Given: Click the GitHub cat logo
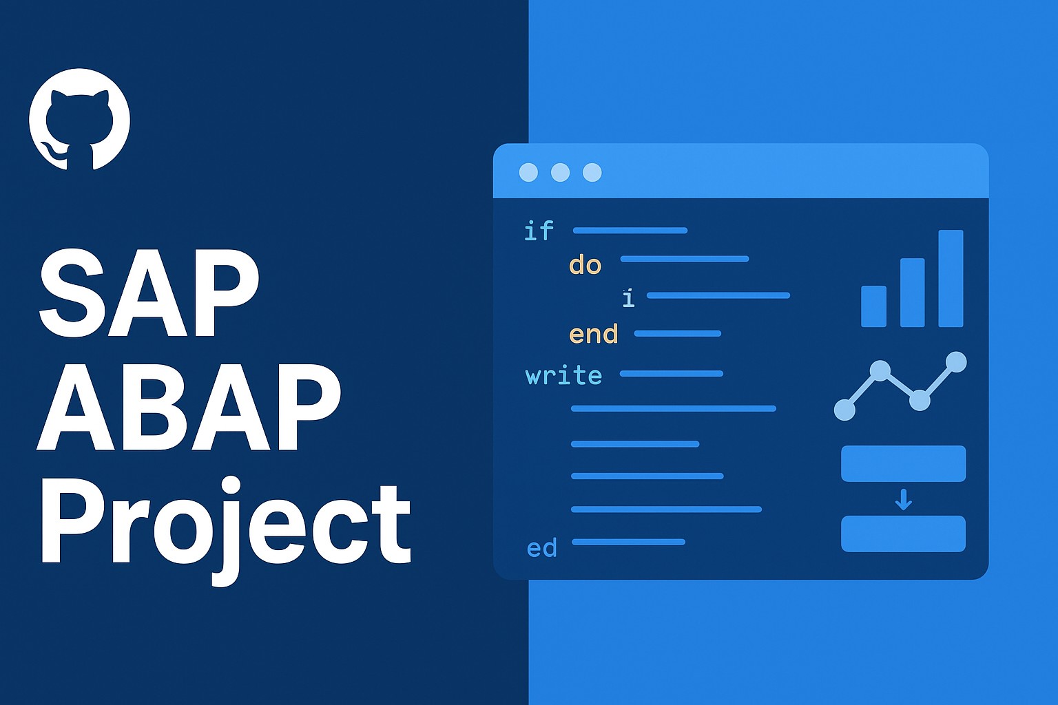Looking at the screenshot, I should pos(79,119).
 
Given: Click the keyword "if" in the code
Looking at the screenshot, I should pos(539,231).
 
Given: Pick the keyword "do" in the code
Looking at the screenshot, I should pos(585,265).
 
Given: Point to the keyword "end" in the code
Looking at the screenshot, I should pos(594,335).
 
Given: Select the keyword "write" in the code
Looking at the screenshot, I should pos(563,376).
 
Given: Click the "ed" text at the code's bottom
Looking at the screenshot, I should pos(541,549).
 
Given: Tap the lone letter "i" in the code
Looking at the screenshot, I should pos(628,298).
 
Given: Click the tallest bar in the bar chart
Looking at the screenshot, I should pos(951,278).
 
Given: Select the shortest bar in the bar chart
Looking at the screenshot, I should pos(873,306).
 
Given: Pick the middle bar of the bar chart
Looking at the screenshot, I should pos(912,292).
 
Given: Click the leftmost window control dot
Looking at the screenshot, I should pos(528,172).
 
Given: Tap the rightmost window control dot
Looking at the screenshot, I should pos(592,172).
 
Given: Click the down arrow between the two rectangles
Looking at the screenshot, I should pos(903,499).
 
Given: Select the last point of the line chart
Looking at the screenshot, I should pos(956,361).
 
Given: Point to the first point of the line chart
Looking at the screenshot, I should pos(844,410).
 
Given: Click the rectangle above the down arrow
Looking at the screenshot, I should pos(903,463).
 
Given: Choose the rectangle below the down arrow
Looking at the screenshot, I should pos(903,534).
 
